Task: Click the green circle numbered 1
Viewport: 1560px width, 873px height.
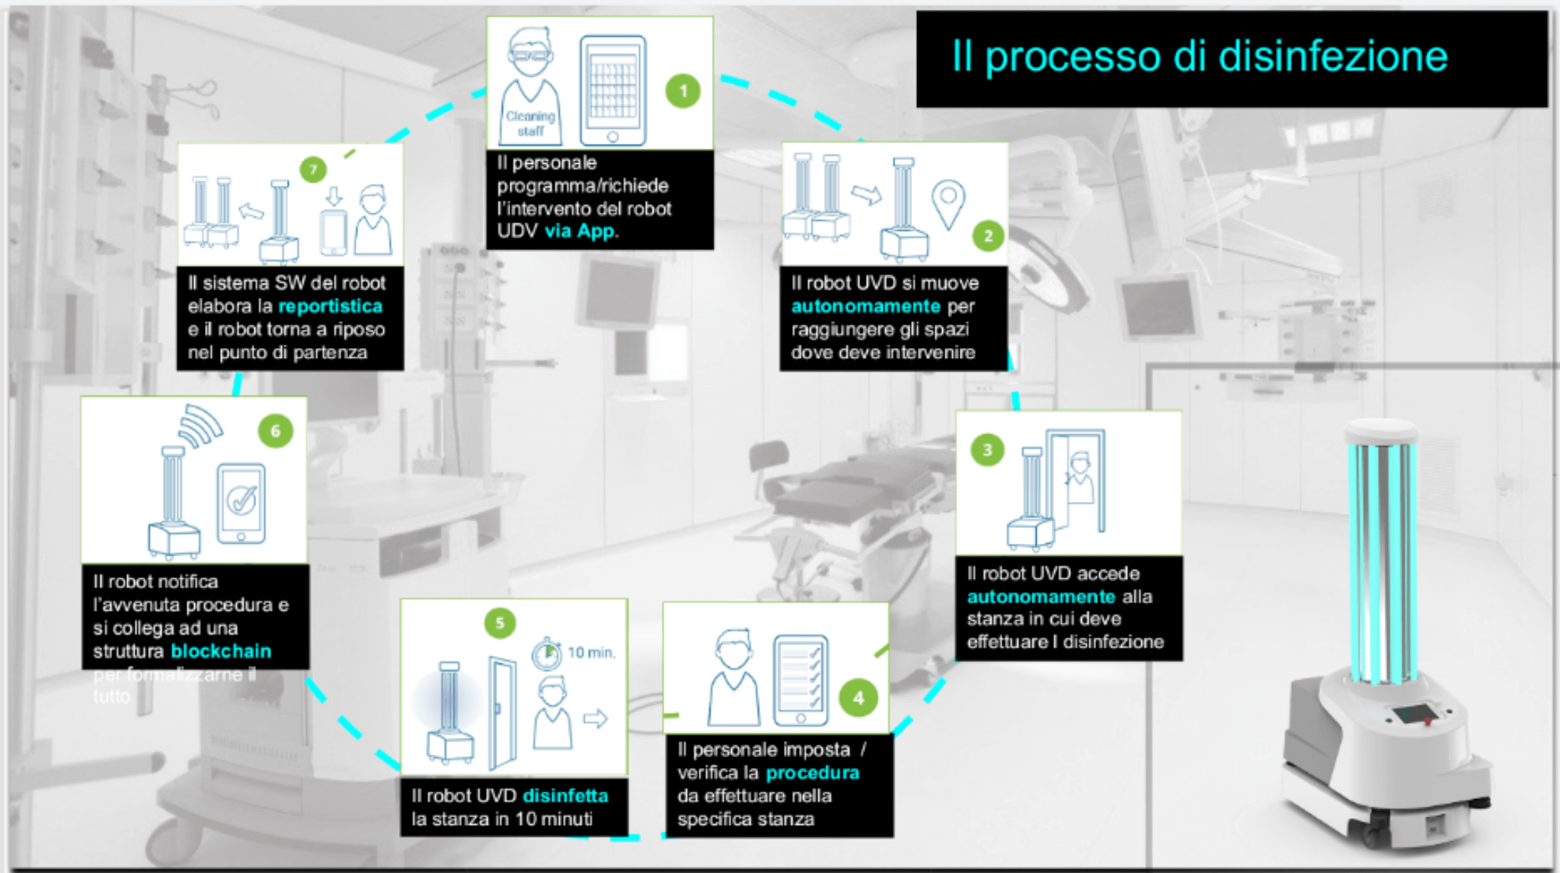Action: tap(682, 91)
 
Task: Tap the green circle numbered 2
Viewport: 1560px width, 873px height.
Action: tap(988, 235)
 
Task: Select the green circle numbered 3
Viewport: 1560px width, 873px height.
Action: tap(987, 450)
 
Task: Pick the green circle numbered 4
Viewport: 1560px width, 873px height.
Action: tap(858, 698)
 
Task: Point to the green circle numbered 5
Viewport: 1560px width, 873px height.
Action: tap(500, 623)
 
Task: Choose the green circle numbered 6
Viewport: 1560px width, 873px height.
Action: tap(275, 431)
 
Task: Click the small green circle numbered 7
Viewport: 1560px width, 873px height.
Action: tap(313, 169)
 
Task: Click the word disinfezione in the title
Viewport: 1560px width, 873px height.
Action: tap(1332, 56)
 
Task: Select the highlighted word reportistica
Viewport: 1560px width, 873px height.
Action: tap(330, 306)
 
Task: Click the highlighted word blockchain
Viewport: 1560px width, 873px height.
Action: tap(221, 651)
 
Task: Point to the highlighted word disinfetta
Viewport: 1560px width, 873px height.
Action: tap(565, 796)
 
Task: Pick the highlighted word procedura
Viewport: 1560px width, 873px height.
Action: tap(812, 773)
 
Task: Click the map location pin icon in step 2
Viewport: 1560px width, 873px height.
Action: tap(948, 202)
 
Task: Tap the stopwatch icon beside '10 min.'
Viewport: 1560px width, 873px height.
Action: tap(546, 654)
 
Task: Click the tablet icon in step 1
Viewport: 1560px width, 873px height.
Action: tap(612, 90)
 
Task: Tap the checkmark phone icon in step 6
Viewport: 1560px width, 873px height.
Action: tap(241, 503)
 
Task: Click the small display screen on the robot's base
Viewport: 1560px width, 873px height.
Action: tap(1411, 715)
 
